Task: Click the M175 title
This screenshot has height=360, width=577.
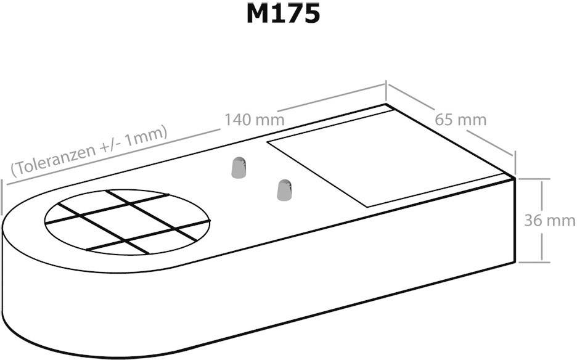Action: pos(283,14)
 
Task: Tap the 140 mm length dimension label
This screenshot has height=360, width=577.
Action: pos(254,119)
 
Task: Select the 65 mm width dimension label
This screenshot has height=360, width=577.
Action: pos(460,119)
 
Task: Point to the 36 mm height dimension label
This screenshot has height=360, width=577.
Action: pos(549,220)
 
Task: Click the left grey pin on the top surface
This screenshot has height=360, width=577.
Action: pos(239,168)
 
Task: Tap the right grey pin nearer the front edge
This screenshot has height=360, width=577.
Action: pos(284,190)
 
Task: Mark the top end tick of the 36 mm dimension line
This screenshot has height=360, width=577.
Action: pos(541,179)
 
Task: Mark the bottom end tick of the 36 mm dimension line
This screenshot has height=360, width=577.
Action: pos(541,262)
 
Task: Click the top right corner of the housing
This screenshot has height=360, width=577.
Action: pos(515,178)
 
